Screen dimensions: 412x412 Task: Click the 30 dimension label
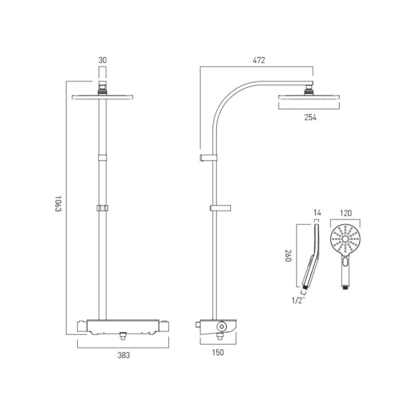click(x=102, y=60)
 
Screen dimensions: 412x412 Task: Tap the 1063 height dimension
click(x=58, y=204)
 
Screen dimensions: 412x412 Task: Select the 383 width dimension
click(x=124, y=355)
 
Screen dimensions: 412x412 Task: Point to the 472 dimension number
click(x=259, y=60)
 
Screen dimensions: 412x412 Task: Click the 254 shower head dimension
click(x=310, y=117)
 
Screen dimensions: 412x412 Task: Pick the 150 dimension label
click(x=218, y=353)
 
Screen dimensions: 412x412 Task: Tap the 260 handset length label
click(x=288, y=256)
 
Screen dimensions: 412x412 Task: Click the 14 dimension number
click(x=317, y=212)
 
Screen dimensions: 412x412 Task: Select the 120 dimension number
click(x=345, y=213)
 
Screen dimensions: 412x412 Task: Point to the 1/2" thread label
click(x=298, y=300)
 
